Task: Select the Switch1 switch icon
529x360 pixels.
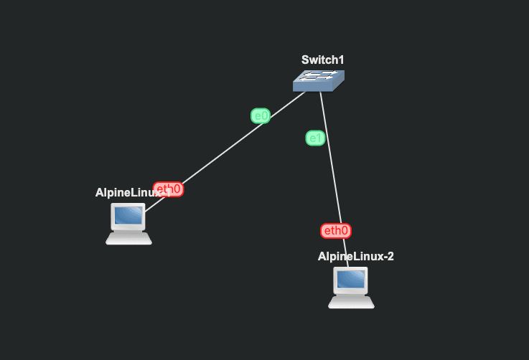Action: pyautogui.click(x=319, y=80)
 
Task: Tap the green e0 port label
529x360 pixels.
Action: pyautogui.click(x=260, y=115)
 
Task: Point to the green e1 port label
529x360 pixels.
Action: pyautogui.click(x=315, y=138)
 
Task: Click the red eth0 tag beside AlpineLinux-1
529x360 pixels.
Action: pyautogui.click(x=169, y=189)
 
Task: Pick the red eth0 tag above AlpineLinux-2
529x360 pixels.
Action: pyautogui.click(x=336, y=230)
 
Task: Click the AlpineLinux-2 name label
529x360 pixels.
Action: pyautogui.click(x=355, y=256)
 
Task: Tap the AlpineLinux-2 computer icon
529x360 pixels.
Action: pyautogui.click(x=351, y=288)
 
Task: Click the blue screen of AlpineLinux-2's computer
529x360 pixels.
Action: pyautogui.click(x=351, y=279)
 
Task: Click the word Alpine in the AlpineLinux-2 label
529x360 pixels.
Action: pyautogui.click(x=334, y=256)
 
